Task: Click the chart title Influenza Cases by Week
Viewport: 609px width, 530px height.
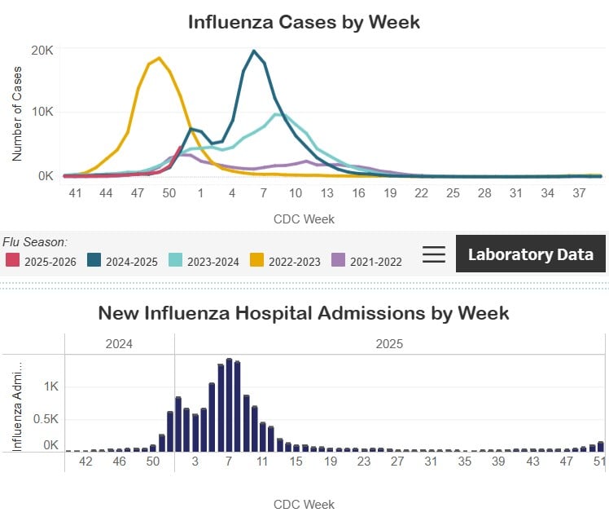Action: [304, 21]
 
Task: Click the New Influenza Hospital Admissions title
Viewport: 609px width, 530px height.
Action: [304, 312]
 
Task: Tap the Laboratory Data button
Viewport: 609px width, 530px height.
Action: [530, 254]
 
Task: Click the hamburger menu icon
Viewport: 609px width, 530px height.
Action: [434, 254]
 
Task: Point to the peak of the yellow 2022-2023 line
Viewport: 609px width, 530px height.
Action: [159, 58]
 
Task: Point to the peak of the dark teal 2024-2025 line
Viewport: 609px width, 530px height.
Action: [254, 51]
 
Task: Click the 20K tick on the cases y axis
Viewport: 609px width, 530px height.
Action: [42, 50]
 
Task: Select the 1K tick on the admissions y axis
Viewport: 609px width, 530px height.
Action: [50, 386]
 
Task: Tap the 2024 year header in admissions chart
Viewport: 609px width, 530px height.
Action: [119, 343]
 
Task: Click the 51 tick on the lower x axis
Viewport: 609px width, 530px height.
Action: [599, 462]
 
